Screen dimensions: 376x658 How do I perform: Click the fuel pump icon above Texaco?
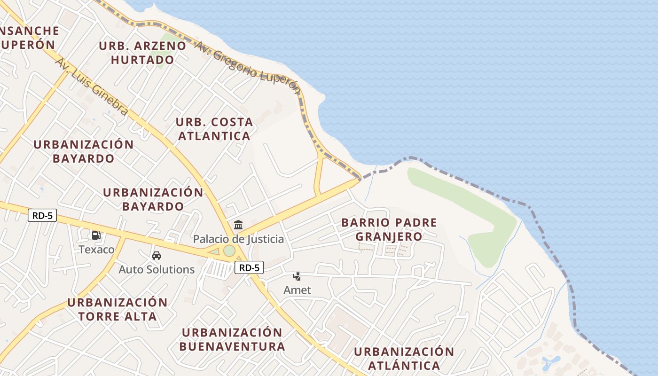pos(96,235)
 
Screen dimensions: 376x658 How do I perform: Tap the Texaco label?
pos(96,249)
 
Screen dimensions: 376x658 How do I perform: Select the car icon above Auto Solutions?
pos(157,256)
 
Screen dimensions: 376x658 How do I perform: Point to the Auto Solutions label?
pos(157,269)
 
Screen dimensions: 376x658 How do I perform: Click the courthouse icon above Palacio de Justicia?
pos(238,225)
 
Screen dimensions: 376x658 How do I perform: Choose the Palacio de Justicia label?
pos(238,239)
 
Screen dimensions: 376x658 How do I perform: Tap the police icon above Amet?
pos(297,276)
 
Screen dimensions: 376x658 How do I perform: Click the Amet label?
pos(297,290)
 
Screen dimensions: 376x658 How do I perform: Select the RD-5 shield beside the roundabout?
pos(249,268)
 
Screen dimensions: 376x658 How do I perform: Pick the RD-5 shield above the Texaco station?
pos(42,216)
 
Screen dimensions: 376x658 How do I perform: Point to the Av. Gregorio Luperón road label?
pos(247,66)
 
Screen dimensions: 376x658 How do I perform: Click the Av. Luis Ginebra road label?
pos(92,86)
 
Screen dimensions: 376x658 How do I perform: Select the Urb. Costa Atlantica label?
pos(214,129)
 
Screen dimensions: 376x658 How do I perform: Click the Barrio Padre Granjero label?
pos(389,229)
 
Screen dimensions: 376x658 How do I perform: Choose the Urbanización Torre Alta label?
pos(117,309)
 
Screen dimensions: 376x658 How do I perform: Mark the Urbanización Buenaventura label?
pos(232,339)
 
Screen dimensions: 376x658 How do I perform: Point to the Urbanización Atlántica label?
pos(404,358)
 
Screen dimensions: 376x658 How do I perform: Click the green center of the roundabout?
pos(229,251)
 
